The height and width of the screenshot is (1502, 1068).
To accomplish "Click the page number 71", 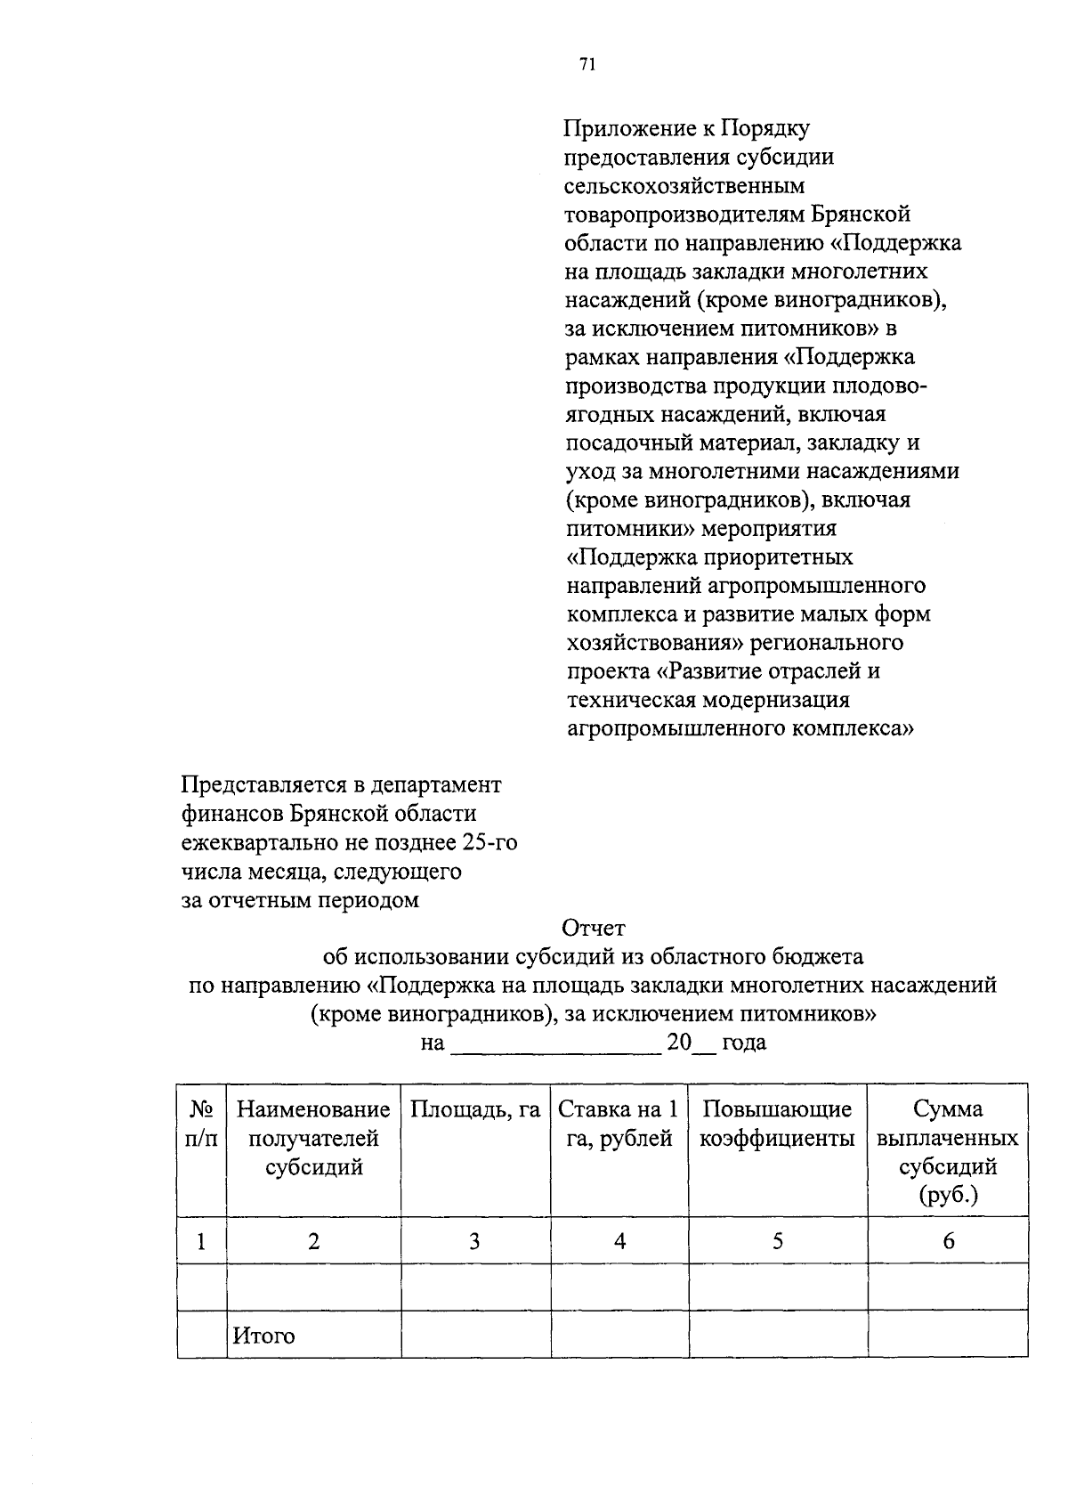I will point(587,63).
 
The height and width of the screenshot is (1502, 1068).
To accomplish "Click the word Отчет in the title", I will point(594,929).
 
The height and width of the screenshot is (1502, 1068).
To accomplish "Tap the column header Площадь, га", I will point(475,1109).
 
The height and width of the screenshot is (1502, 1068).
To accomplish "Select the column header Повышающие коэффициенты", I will point(777,1124).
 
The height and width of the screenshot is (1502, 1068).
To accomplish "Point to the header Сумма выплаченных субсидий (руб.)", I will point(948,1152).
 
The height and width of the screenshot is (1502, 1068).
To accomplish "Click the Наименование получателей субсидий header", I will point(313,1138).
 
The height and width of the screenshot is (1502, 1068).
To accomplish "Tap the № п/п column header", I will point(202,1124).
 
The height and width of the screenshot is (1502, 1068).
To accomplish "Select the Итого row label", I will point(263,1336).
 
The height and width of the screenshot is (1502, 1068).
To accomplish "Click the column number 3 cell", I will point(475,1241).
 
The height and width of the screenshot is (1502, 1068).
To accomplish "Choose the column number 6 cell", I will point(948,1241).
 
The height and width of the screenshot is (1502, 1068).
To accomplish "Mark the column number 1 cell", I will point(202,1241).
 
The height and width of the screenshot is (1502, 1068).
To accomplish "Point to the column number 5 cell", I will point(778,1241).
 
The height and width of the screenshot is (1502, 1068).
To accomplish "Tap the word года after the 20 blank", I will point(744,1043).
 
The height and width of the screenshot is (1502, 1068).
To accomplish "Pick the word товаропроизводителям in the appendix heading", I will point(684,215).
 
